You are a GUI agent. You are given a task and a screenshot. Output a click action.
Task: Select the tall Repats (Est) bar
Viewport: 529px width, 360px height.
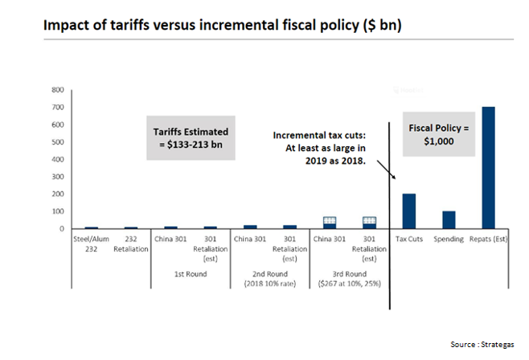pyautogui.click(x=488, y=168)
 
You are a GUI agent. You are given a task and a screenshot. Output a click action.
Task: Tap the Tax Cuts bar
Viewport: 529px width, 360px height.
pyautogui.click(x=408, y=211)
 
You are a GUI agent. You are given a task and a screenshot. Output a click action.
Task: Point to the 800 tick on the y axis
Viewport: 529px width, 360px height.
pyautogui.click(x=58, y=90)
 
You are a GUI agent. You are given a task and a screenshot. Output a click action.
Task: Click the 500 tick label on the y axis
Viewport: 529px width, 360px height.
pyautogui.click(x=58, y=142)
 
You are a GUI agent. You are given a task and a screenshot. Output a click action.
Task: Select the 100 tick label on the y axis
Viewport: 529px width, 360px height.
pyautogui.click(x=58, y=211)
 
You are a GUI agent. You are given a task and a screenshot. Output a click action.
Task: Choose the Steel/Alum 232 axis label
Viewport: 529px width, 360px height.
pyautogui.click(x=91, y=243)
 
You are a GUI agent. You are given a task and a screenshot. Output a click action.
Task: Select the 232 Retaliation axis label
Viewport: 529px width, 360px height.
pyautogui.click(x=131, y=243)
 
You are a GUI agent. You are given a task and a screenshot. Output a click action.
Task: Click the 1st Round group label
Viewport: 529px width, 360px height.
pyautogui.click(x=191, y=273)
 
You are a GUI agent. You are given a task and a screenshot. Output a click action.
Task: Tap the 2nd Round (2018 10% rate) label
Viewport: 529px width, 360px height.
pyautogui.click(x=270, y=278)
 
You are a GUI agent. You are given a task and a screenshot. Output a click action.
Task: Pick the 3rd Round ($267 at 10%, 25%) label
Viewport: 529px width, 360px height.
pyautogui.click(x=350, y=278)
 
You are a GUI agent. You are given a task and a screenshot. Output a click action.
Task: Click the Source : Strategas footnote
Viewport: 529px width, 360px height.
pyautogui.click(x=481, y=344)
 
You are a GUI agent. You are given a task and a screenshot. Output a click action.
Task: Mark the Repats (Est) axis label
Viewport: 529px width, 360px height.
pyautogui.click(x=489, y=239)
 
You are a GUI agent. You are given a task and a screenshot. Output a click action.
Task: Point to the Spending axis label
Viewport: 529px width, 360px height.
pyautogui.click(x=449, y=239)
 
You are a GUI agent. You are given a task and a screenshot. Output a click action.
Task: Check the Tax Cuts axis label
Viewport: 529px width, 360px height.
pyautogui.click(x=409, y=239)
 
